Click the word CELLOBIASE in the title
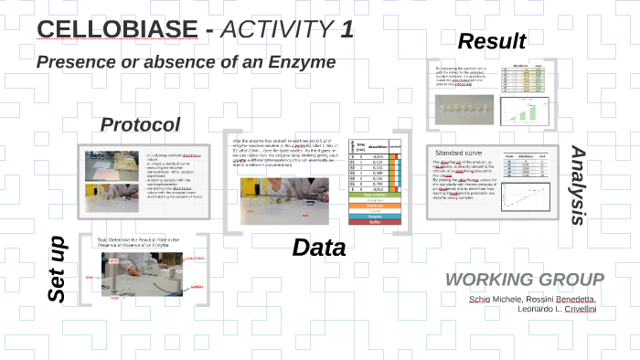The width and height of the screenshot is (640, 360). [x=117, y=29]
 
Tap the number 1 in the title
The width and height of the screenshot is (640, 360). [x=347, y=29]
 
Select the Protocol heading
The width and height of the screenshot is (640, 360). [x=140, y=124]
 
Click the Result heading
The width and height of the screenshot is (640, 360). [x=491, y=41]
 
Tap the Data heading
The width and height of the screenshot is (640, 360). [x=318, y=248]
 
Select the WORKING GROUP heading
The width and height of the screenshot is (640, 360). [x=524, y=280]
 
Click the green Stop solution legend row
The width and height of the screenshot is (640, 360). [x=374, y=195]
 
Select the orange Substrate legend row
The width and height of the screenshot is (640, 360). [x=374, y=207]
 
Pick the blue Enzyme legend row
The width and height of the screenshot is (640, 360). [x=374, y=215]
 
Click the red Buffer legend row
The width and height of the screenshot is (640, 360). [x=374, y=222]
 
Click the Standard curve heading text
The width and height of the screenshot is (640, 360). [x=461, y=152]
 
